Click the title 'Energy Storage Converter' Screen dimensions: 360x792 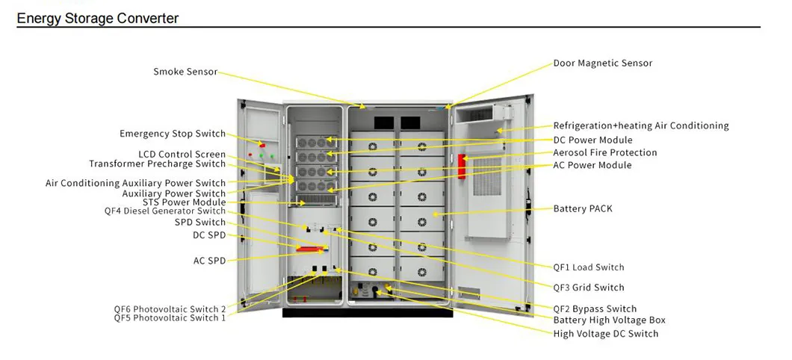pos(98,18)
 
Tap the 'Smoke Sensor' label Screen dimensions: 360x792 pos(185,72)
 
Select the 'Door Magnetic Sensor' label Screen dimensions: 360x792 pos(602,63)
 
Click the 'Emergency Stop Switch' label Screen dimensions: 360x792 pos(173,134)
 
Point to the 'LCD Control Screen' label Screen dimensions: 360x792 pos(182,155)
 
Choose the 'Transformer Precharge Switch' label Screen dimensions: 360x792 pos(157,164)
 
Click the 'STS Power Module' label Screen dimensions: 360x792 pos(184,202)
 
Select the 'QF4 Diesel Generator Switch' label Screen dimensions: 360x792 pos(164,211)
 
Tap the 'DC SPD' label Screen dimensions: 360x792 pos(209,236)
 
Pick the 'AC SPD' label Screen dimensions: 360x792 pos(209,261)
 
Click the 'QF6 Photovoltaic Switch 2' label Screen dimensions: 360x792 pos(170,309)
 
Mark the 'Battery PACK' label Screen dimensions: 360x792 pos(582,209)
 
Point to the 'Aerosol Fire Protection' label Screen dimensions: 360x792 pos(604,152)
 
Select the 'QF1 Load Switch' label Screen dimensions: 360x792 pos(588,267)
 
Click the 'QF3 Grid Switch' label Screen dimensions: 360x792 pos(588,288)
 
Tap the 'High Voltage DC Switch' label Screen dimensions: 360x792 pos(605,334)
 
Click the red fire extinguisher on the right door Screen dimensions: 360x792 pos(462,168)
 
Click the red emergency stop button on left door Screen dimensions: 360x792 pos(261,143)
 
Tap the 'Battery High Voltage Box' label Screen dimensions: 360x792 pos(609,320)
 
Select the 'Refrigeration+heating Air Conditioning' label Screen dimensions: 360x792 pos(640,126)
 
